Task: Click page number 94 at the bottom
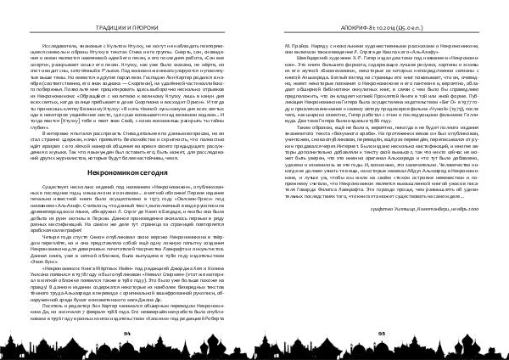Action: [126, 335]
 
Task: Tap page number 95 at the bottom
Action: [381, 335]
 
